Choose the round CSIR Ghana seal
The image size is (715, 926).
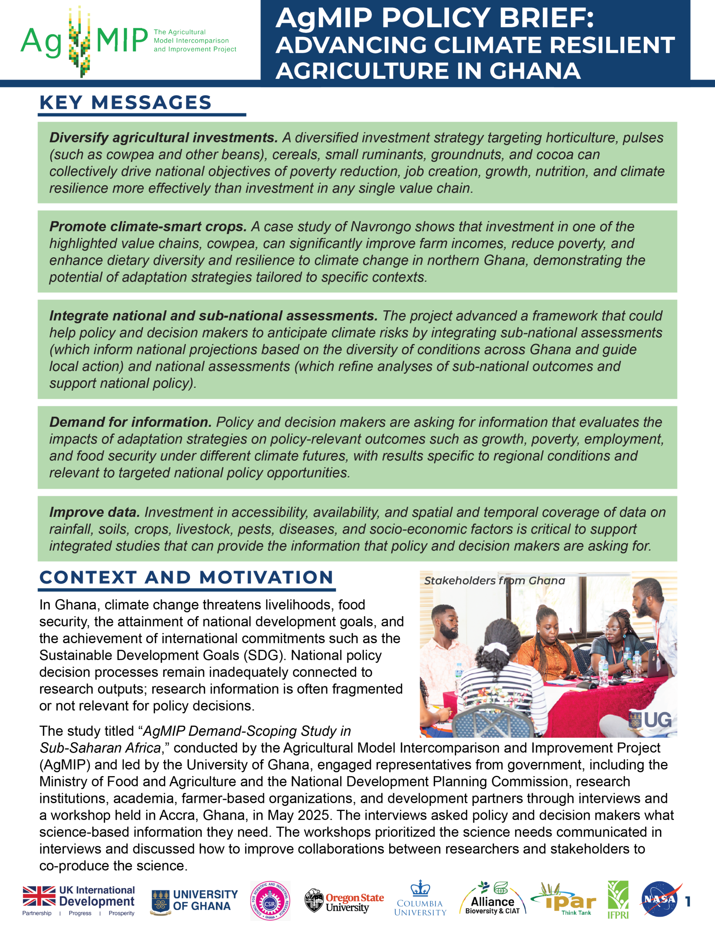click(270, 901)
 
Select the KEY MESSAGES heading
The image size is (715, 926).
click(125, 103)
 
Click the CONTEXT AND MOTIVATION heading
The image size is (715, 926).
click(187, 577)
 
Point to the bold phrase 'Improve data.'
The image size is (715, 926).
click(94, 512)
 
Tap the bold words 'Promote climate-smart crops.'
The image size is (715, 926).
click(148, 227)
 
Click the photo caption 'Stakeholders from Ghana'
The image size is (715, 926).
click(494, 581)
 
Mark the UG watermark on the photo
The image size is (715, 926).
click(651, 720)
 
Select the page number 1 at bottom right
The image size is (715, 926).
click(688, 901)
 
